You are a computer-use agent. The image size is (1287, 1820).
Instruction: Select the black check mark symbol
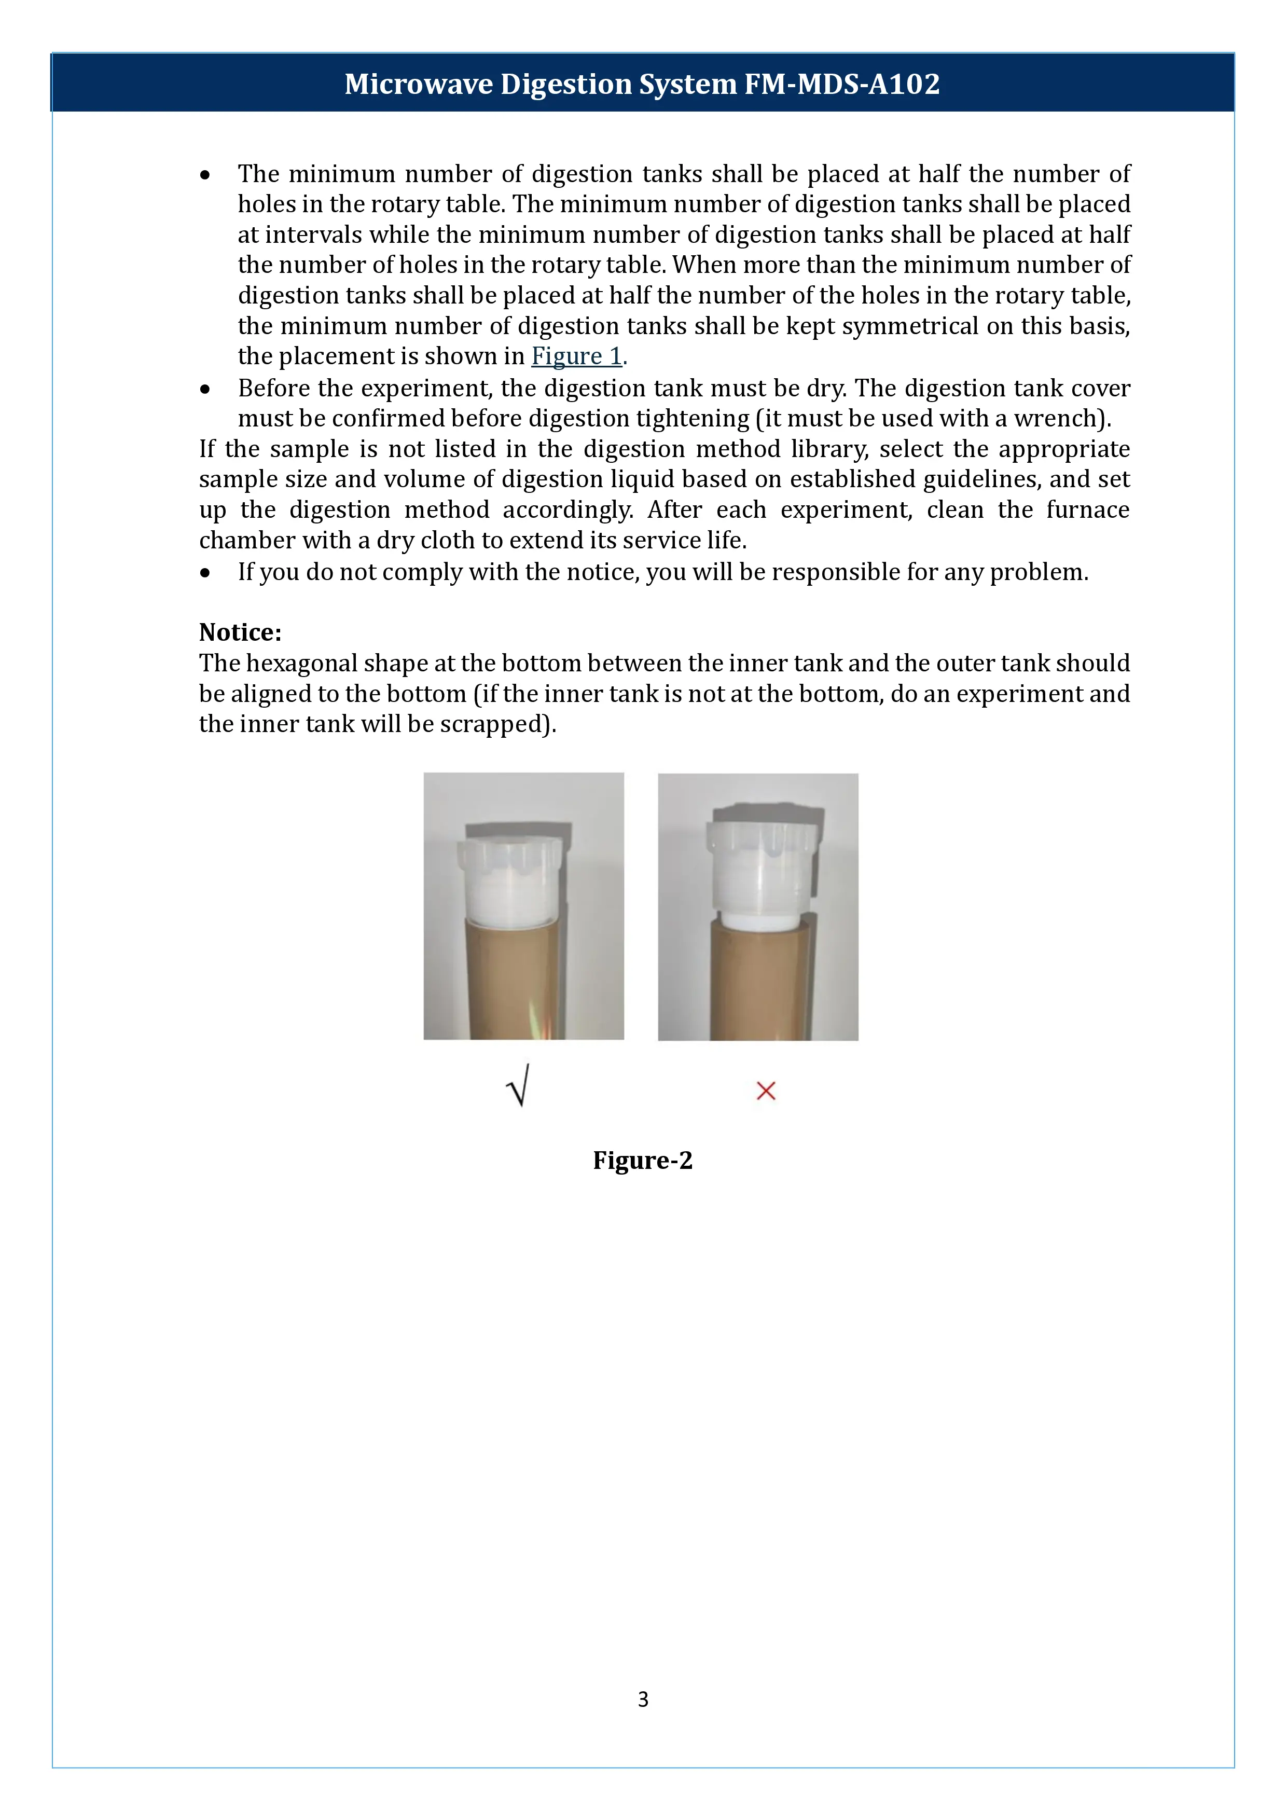518,1086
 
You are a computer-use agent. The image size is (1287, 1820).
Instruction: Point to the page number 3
643,1699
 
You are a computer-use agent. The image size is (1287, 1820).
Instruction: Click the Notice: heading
240,632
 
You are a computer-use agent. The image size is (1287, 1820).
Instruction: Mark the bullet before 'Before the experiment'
205,389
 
